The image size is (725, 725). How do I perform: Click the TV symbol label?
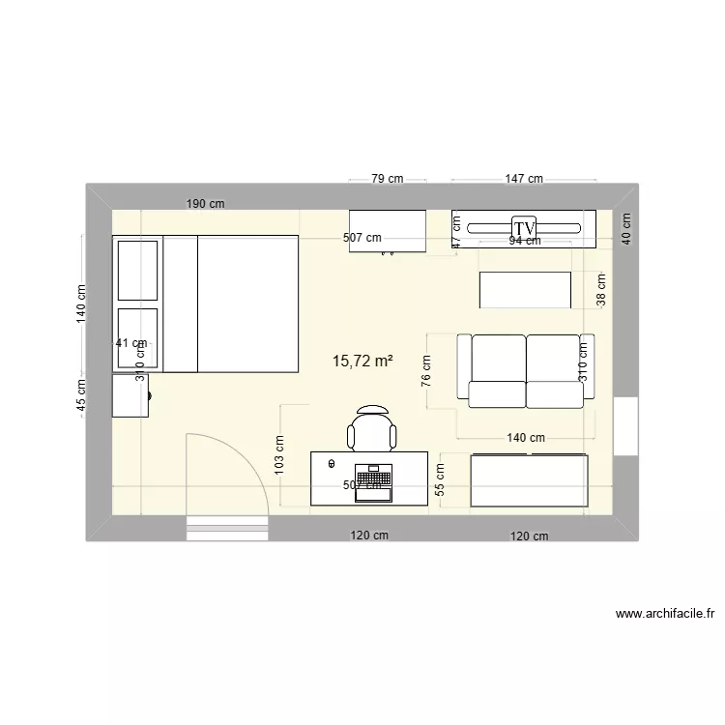click(x=524, y=228)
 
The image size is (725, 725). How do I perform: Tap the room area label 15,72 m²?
click(x=362, y=362)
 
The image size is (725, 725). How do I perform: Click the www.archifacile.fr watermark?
click(x=663, y=613)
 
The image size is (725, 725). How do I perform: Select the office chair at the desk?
click(x=372, y=430)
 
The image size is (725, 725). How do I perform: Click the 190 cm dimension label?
click(x=205, y=204)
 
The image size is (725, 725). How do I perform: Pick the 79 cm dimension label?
click(x=387, y=179)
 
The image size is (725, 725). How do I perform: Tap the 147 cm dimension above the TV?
click(x=523, y=179)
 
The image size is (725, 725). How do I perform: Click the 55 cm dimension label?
click(x=440, y=479)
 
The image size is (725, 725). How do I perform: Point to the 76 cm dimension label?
click(x=426, y=369)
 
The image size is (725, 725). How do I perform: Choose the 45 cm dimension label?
click(x=82, y=394)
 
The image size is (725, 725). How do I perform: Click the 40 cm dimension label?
click(x=625, y=229)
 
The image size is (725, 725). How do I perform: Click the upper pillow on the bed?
click(x=137, y=271)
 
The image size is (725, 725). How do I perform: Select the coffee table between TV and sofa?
click(x=525, y=290)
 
